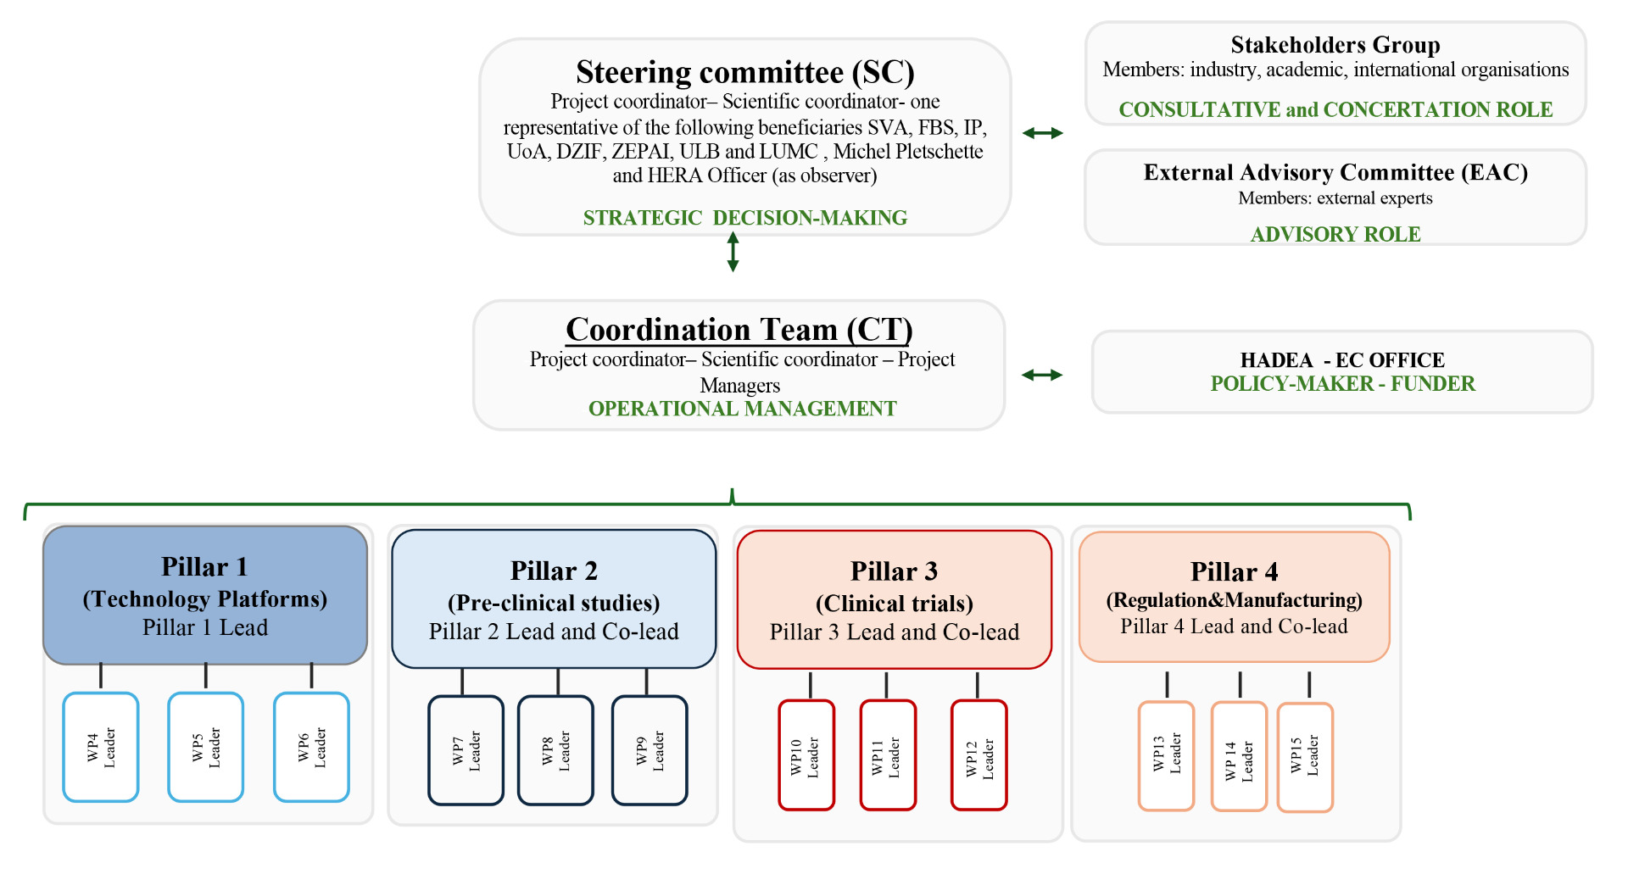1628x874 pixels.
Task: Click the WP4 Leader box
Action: coord(101,747)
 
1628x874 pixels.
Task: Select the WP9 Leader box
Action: coord(650,750)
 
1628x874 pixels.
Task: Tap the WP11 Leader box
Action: coord(888,754)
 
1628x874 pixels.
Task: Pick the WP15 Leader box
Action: coord(1305,757)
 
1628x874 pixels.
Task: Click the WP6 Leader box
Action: coord(311,747)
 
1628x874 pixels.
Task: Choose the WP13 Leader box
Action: coord(1166,755)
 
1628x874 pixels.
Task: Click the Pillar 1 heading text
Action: coord(204,566)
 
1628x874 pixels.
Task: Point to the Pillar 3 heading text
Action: coord(894,571)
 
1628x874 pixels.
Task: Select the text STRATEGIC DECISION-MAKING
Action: coord(744,218)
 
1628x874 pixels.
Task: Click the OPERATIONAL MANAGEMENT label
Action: coord(742,409)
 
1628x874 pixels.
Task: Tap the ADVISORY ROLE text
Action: coord(1335,234)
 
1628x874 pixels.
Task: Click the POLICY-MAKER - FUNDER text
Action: coord(1342,384)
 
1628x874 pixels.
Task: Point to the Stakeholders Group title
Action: coord(1335,44)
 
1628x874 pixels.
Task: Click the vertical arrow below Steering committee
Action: coord(733,252)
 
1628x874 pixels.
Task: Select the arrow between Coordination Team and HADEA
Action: coord(1042,375)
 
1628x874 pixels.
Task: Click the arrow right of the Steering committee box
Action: coord(1042,133)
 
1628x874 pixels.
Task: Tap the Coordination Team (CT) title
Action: coord(739,329)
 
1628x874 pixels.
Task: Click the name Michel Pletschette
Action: coord(908,152)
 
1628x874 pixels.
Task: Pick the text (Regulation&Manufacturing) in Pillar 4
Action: coord(1234,600)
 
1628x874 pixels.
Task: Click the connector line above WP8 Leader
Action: coord(558,682)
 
